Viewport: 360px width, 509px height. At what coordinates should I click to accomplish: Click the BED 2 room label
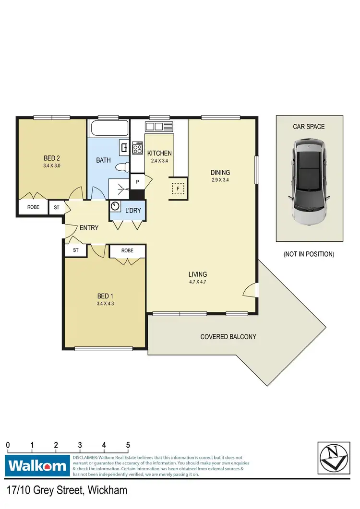51,158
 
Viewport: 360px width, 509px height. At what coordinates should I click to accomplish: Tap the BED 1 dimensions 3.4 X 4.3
105,303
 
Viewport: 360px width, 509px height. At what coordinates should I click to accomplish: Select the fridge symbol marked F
178,189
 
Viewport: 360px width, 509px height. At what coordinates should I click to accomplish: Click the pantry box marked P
137,182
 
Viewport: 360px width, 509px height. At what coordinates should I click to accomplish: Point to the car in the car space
310,181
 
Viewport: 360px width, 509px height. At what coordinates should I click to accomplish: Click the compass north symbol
332,458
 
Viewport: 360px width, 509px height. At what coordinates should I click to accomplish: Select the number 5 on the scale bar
128,445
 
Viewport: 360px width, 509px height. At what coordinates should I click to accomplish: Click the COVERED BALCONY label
228,337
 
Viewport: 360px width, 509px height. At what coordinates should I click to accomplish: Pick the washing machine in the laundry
116,206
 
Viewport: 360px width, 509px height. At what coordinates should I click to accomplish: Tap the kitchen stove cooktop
137,148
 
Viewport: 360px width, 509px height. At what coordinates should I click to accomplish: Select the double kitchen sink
159,127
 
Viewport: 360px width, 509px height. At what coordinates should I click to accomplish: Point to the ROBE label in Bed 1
127,251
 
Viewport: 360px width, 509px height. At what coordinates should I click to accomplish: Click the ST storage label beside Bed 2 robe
57,207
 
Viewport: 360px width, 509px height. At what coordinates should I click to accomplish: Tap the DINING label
220,173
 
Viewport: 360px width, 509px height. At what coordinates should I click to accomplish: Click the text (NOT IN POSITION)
309,254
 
